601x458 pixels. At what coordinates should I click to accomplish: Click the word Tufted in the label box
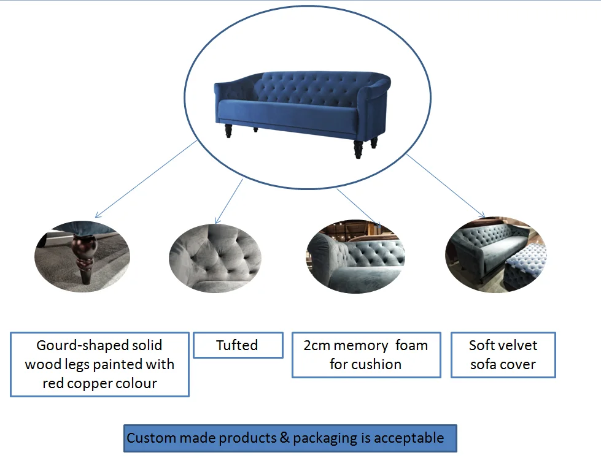click(237, 345)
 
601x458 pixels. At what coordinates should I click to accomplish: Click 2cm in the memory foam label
click(318, 345)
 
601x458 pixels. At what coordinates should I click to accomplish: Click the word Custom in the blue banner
click(151, 438)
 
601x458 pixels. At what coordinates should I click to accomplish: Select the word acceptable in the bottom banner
click(408, 438)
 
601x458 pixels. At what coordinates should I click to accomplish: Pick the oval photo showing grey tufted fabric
click(215, 258)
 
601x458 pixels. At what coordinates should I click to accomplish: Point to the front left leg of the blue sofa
click(228, 131)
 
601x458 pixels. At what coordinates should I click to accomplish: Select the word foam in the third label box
click(411, 345)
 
